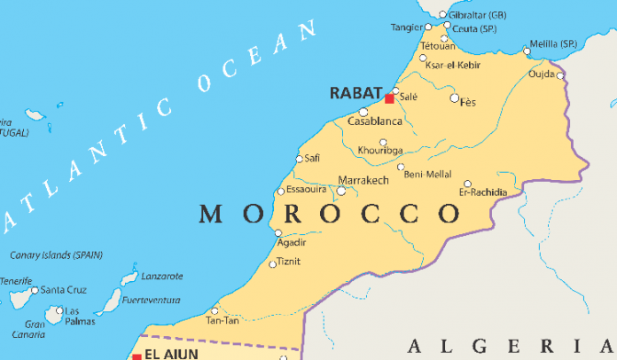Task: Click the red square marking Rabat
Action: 388,98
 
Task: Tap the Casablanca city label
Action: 375,121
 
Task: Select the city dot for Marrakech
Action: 341,190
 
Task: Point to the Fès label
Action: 467,103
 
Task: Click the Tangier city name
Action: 407,27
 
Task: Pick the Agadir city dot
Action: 278,233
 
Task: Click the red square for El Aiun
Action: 137,356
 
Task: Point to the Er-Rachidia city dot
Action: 467,184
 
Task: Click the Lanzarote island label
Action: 162,276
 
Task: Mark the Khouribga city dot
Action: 383,142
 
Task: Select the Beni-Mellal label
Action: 427,175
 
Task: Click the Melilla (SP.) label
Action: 556,43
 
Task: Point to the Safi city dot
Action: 299,160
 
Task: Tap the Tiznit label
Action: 289,262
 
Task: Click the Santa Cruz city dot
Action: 35,290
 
